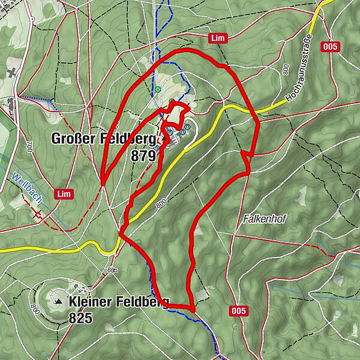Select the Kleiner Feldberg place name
point(119,301)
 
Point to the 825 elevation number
point(80,317)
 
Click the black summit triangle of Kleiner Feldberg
point(59,302)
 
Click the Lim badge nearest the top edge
point(217,38)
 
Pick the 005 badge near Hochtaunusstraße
point(330,47)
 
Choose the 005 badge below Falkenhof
point(238,310)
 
